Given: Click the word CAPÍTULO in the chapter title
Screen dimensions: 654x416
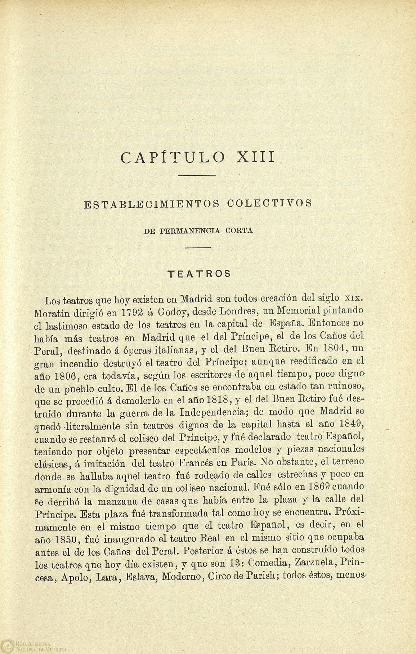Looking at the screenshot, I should (173, 158).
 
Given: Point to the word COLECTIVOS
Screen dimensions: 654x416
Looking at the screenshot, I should (269, 204).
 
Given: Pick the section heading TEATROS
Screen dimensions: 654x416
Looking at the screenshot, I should (199, 273).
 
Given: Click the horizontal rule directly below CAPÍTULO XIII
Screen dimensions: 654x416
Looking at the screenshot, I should (197, 176).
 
